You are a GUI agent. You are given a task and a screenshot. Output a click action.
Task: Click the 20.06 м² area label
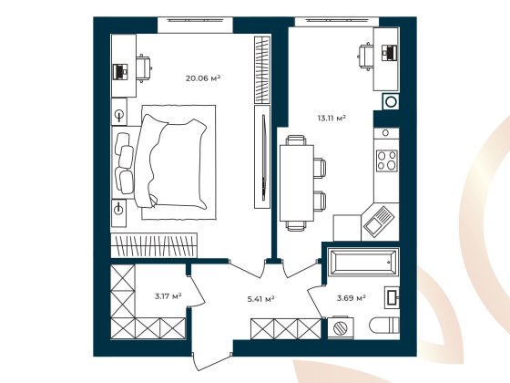203,78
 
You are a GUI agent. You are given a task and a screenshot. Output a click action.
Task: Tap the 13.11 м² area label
330,118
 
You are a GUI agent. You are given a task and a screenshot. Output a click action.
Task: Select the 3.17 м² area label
168,296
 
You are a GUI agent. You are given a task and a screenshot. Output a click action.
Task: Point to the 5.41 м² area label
261,297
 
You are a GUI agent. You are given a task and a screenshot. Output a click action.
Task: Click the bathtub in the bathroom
362,263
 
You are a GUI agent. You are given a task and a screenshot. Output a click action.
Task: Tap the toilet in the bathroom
382,326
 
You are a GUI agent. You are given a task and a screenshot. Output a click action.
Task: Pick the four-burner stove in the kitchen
387,160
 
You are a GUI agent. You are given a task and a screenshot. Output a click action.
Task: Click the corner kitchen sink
377,219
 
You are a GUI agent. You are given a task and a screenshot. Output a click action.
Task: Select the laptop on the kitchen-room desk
389,54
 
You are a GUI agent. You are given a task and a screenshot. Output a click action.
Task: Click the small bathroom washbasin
393,296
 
